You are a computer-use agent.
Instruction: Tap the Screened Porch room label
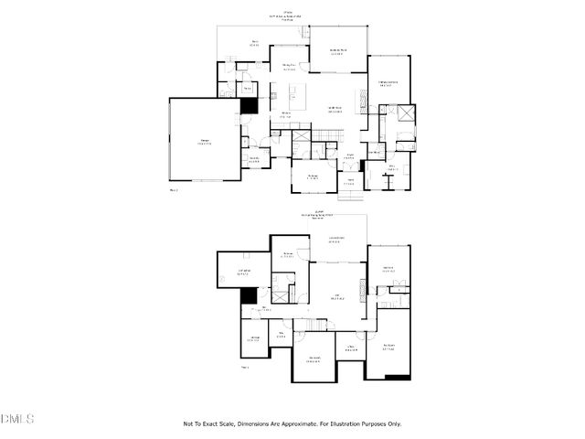pyautogui.click(x=336, y=52)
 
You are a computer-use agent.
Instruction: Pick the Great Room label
pyautogui.click(x=335, y=109)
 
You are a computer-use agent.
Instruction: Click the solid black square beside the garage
pyautogui.click(x=248, y=105)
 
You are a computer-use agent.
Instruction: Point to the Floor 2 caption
pyautogui.click(x=174, y=190)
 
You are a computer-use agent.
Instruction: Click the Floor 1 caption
pyautogui.click(x=245, y=367)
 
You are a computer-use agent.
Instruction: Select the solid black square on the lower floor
pyautogui.click(x=247, y=295)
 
